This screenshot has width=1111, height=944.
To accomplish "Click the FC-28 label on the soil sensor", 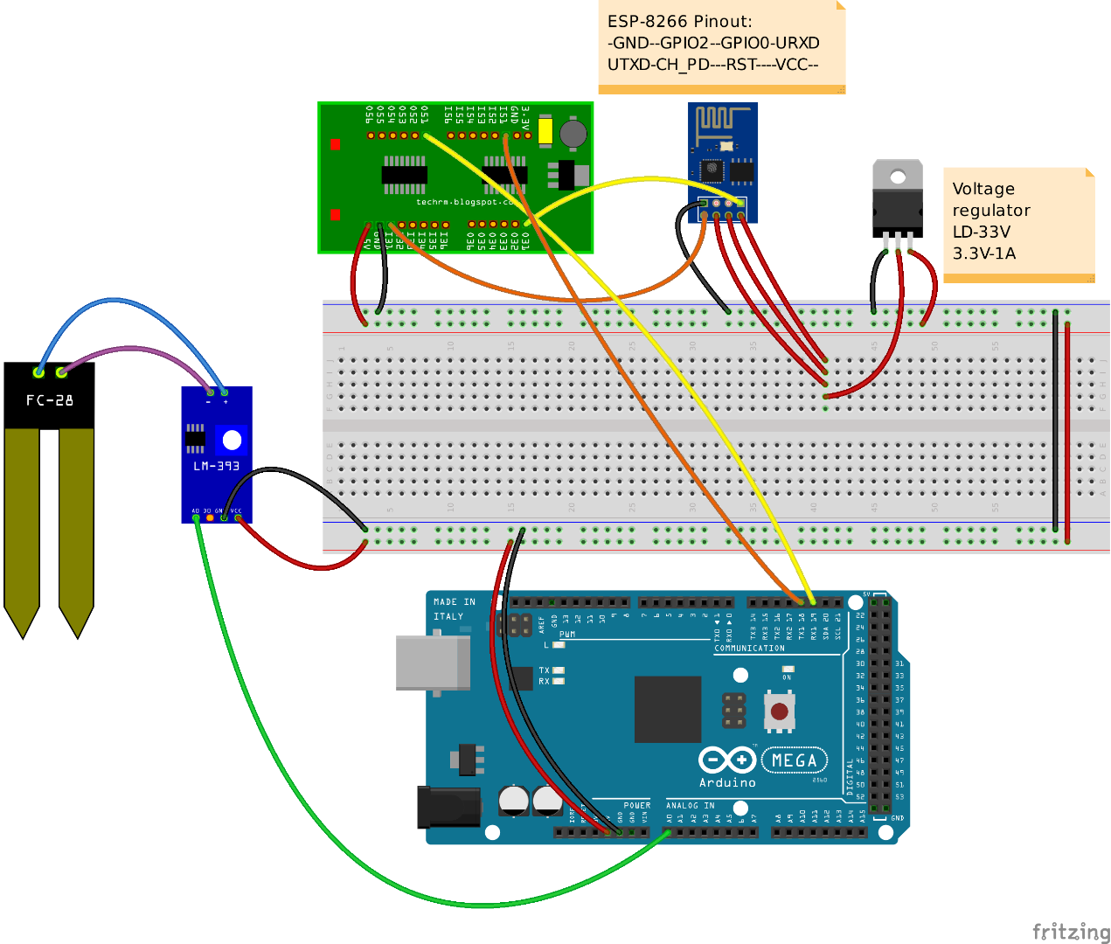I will coord(49,400).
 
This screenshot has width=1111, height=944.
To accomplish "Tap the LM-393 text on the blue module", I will coord(216,466).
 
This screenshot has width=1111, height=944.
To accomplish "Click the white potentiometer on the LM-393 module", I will coord(232,439).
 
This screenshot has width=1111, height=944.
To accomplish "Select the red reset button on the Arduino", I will coord(779,711).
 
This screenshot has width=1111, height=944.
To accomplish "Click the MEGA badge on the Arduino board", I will coord(794,760).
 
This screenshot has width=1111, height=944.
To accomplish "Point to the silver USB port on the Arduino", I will coord(432,663).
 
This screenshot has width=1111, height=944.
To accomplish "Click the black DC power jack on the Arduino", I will coord(448,807).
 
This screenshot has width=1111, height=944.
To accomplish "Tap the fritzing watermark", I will coord(1070,931).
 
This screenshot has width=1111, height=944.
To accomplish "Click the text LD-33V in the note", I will coord(981,232).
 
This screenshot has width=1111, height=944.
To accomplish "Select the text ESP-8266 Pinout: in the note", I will coord(679,21).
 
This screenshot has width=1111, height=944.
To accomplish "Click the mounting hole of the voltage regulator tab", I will coord(898,177).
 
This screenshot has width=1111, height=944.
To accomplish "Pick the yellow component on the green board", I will coord(545,131).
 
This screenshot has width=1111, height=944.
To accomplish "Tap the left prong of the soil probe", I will coord(22,524).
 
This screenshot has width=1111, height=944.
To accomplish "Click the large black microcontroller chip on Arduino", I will coord(668,709).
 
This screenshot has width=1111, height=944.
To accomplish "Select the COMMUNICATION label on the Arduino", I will coord(749,649).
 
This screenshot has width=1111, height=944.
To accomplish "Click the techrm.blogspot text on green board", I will coord(463,202).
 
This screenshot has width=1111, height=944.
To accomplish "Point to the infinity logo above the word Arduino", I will coord(726,760).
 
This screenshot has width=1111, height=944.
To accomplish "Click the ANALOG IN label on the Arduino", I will coord(690,806).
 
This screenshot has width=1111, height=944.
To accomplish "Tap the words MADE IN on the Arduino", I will coord(455,602).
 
